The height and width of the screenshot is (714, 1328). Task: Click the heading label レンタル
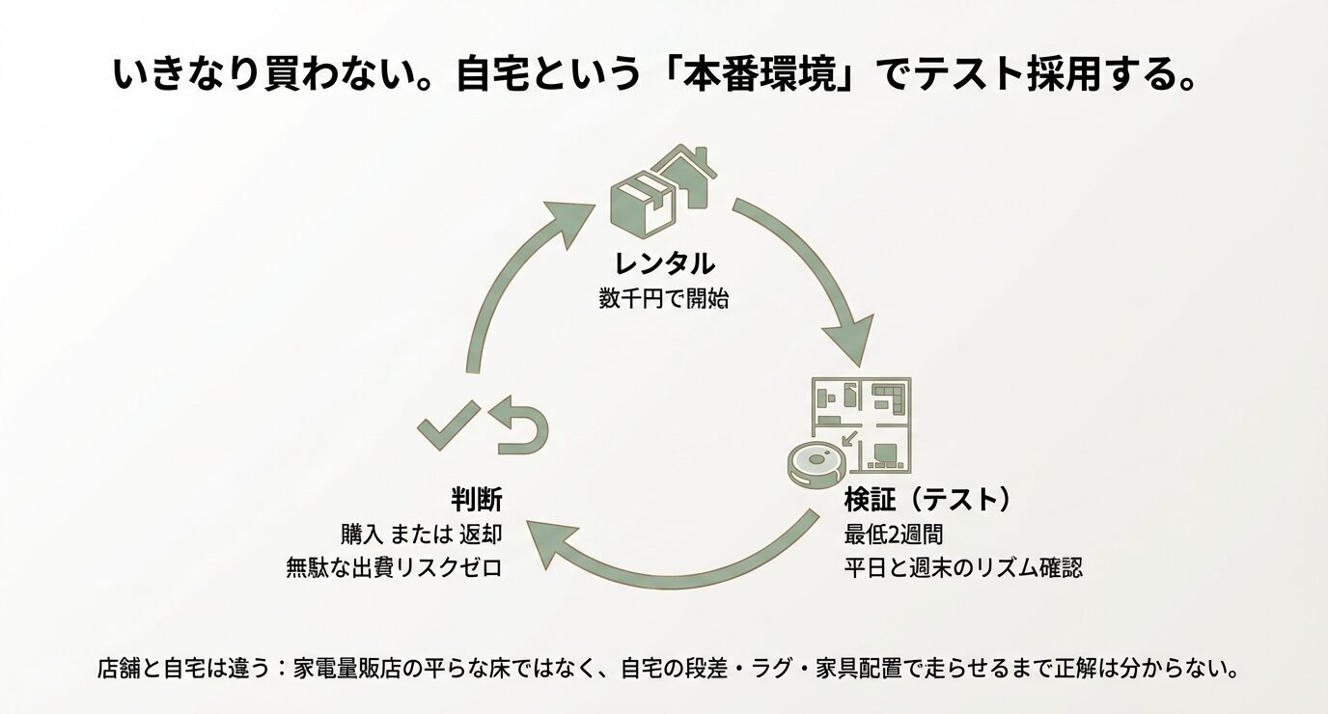tap(663, 262)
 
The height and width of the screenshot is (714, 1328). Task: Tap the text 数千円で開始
tap(663, 298)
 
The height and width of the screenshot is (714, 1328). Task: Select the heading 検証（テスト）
tap(927, 499)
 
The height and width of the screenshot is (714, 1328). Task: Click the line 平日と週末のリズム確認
tap(962, 566)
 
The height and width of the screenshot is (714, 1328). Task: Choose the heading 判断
tap(476, 499)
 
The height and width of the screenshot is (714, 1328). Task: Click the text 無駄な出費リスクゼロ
tap(394, 566)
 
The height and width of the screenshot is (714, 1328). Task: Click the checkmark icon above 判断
tap(447, 425)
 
